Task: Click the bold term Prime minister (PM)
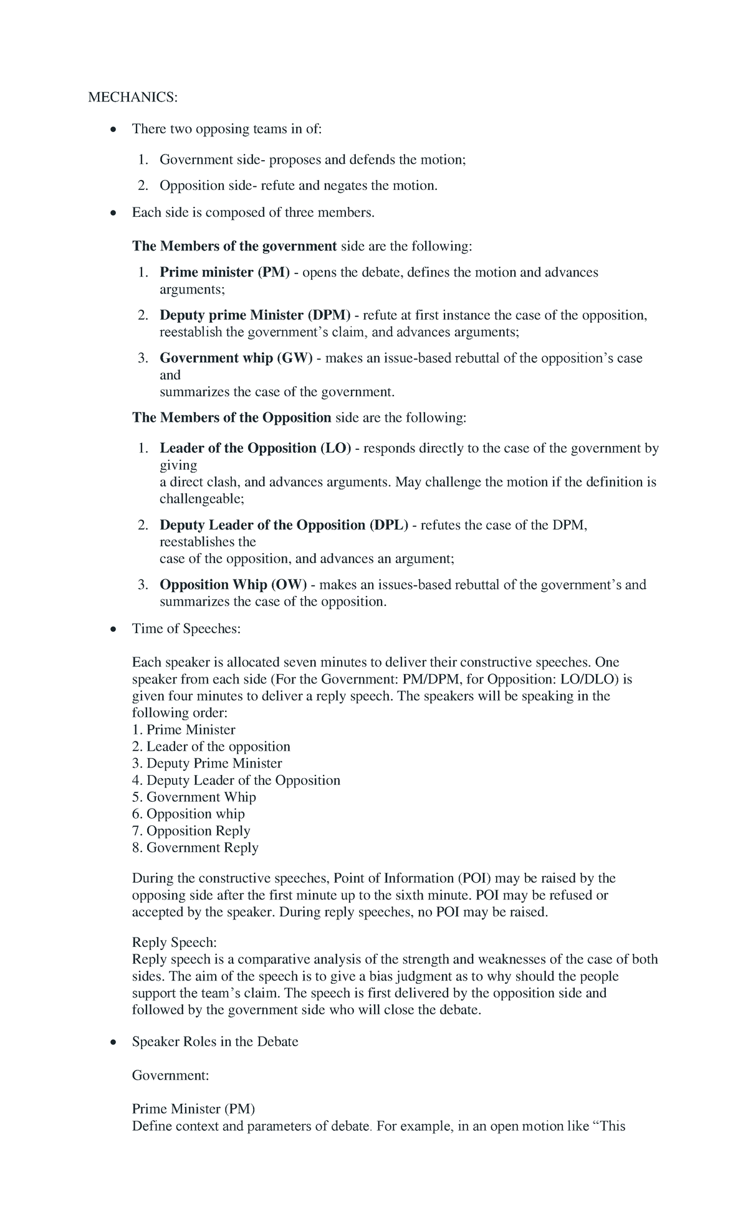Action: point(224,272)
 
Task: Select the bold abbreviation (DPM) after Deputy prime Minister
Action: point(331,315)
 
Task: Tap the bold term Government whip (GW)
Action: point(236,358)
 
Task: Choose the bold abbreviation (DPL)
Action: point(388,525)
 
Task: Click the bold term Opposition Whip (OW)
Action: point(233,585)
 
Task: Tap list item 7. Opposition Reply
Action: point(191,831)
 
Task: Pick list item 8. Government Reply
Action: point(195,848)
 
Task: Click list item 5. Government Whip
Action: point(194,797)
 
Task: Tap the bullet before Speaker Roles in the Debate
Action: point(112,1043)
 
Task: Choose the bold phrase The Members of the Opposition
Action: point(231,418)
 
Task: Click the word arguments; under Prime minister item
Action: point(193,290)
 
